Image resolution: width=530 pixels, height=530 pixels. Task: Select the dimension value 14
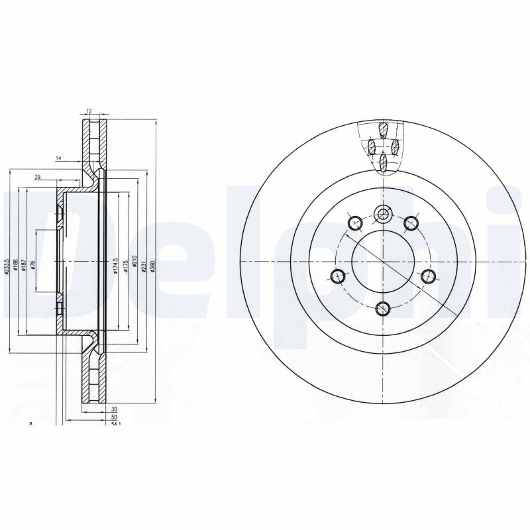pyautogui.click(x=58, y=158)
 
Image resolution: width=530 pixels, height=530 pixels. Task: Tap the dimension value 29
pyautogui.click(x=38, y=176)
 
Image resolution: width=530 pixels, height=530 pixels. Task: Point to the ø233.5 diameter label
pyautogui.click(x=7, y=266)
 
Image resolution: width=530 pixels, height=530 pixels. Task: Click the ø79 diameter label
pyautogui.click(x=32, y=266)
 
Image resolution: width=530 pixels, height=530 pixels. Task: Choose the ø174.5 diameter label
pyautogui.click(x=115, y=266)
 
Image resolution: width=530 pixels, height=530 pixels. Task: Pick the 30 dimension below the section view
pyautogui.click(x=113, y=410)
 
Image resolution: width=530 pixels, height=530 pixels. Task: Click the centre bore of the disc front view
pyautogui.click(x=383, y=261)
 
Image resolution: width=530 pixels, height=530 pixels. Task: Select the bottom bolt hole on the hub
pyautogui.click(x=383, y=307)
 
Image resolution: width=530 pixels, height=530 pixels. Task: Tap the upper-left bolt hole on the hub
pyautogui.click(x=354, y=222)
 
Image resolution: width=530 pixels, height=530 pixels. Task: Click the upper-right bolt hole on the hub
pyautogui.click(x=411, y=222)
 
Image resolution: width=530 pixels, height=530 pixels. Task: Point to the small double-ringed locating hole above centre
pyautogui.click(x=383, y=213)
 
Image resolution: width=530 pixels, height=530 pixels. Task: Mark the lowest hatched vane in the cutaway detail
pyautogui.click(x=384, y=161)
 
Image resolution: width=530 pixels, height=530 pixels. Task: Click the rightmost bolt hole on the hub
pyautogui.click(x=427, y=276)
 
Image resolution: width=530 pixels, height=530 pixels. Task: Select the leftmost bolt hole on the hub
pyautogui.click(x=339, y=276)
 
